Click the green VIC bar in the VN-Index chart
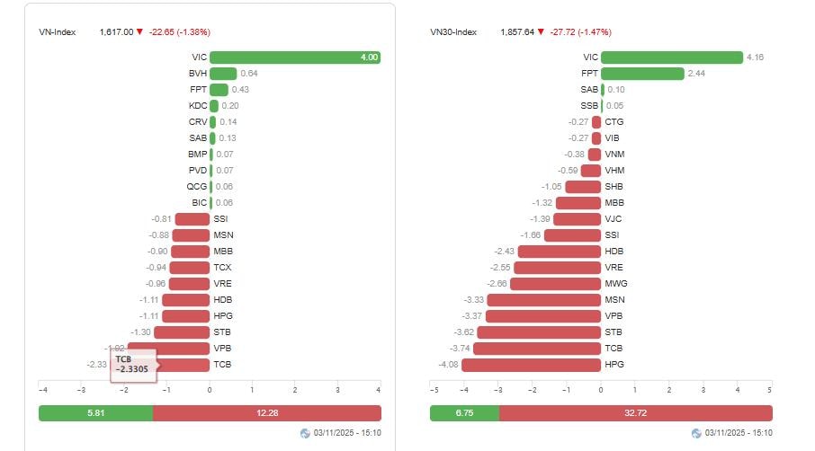[295, 57]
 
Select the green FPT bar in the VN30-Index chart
[642, 74]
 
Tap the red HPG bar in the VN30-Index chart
[531, 365]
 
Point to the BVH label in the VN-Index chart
[198, 74]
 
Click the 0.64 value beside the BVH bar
[249, 74]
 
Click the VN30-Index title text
[453, 32]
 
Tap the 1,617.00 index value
[116, 32]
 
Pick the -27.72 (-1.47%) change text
[578, 32]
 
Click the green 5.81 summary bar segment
[95, 413]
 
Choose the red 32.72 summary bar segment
[635, 413]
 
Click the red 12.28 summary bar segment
[267, 413]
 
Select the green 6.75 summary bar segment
[464, 413]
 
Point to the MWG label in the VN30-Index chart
[615, 284]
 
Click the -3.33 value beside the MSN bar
[472, 300]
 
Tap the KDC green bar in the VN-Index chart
[214, 106]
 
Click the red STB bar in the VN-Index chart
[182, 332]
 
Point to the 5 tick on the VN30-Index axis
[769, 391]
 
